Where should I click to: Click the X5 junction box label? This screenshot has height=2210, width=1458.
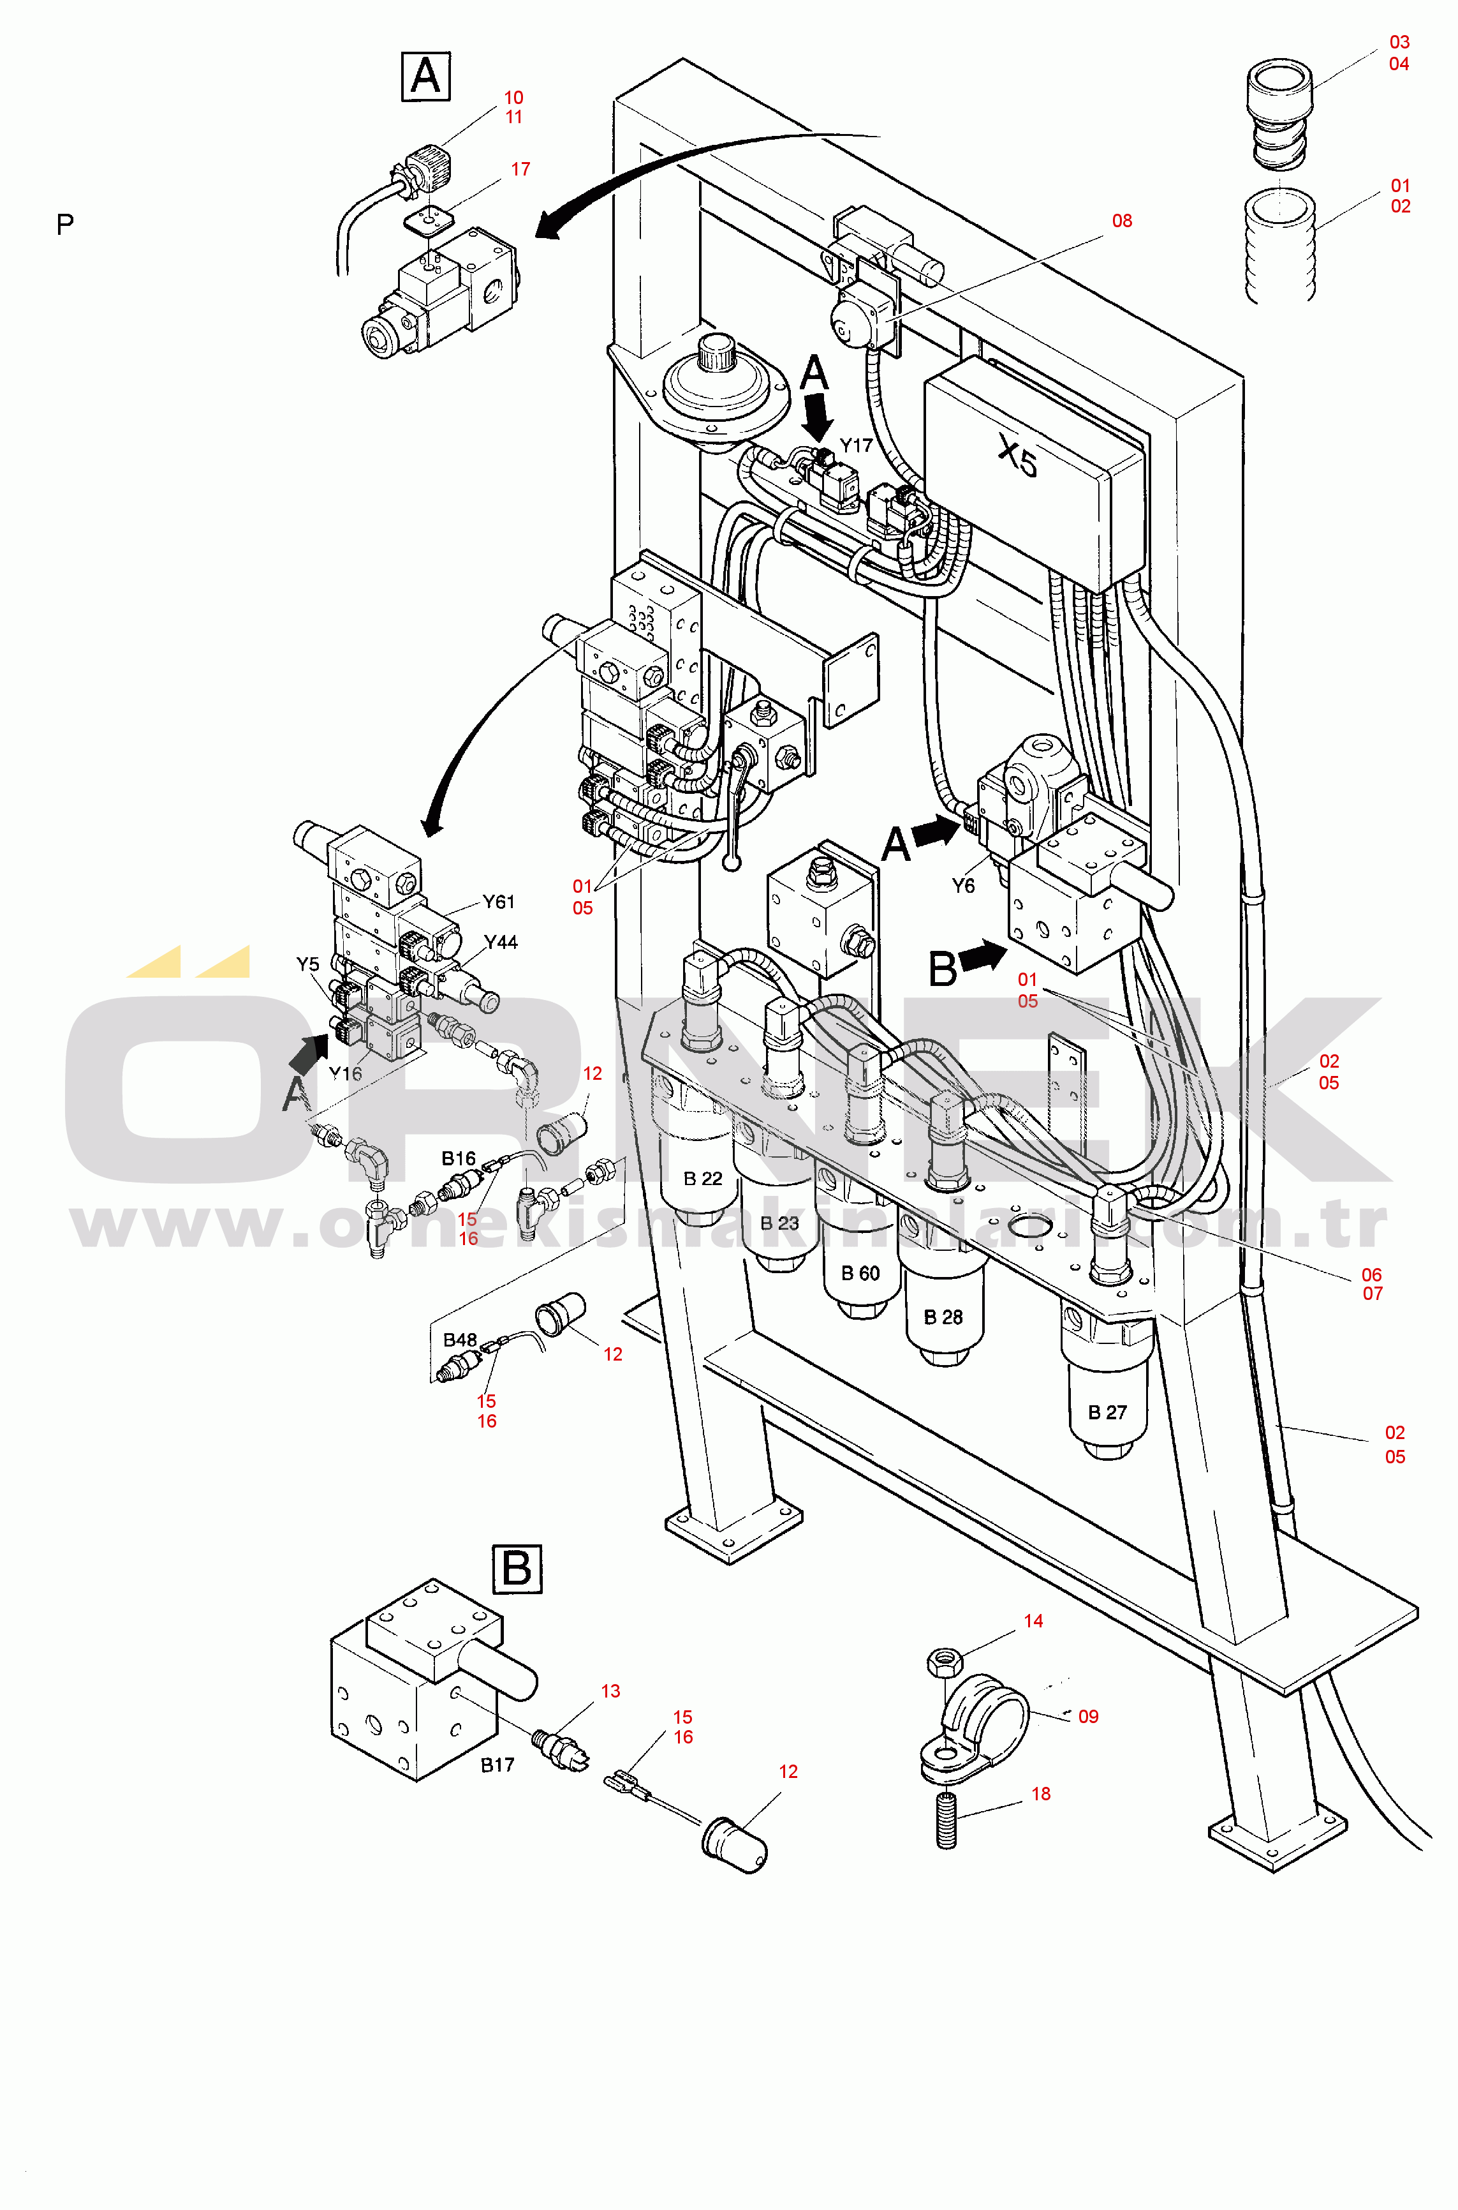click(1017, 457)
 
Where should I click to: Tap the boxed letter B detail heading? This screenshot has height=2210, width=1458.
click(516, 1568)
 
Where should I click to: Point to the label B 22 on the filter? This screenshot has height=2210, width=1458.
click(702, 1179)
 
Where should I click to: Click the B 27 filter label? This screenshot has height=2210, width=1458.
click(1107, 1412)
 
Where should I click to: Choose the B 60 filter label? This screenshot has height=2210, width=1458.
click(860, 1273)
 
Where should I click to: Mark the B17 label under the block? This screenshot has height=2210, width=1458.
click(497, 1765)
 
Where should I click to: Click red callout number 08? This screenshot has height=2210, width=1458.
click(1123, 220)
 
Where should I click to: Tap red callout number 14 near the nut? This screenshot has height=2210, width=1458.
click(1033, 1621)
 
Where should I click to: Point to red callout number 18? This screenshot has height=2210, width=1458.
click(1040, 1793)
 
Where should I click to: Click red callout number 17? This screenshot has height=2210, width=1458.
click(520, 169)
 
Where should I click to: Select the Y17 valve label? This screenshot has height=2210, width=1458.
click(857, 445)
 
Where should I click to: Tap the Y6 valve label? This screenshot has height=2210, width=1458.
click(963, 886)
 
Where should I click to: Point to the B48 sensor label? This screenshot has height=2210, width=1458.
click(459, 1340)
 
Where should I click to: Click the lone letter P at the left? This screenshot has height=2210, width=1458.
click(65, 224)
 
